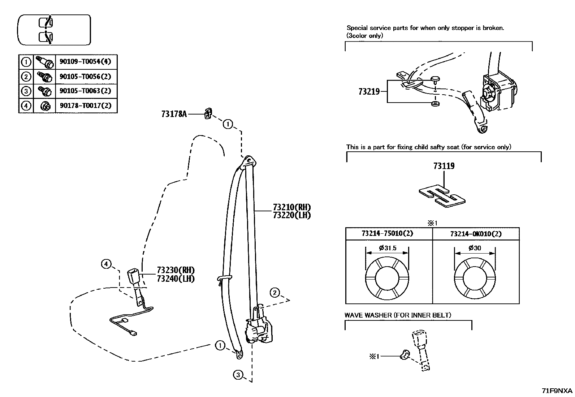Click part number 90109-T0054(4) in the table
[85, 62]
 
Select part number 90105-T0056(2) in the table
[85, 77]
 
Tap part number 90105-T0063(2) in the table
[85, 91]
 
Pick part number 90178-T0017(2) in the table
[85, 105]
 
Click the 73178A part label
[174, 114]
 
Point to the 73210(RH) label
[292, 207]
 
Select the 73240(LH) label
[176, 279]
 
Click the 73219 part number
[369, 92]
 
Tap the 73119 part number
[444, 166]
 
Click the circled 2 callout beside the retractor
[275, 293]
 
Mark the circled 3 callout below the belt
[238, 375]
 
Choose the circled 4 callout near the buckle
[106, 264]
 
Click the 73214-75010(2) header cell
[389, 234]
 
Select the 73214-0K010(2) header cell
[476, 234]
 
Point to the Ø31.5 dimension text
[388, 248]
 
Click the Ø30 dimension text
[475, 248]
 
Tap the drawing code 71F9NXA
[557, 391]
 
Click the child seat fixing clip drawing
[442, 197]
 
